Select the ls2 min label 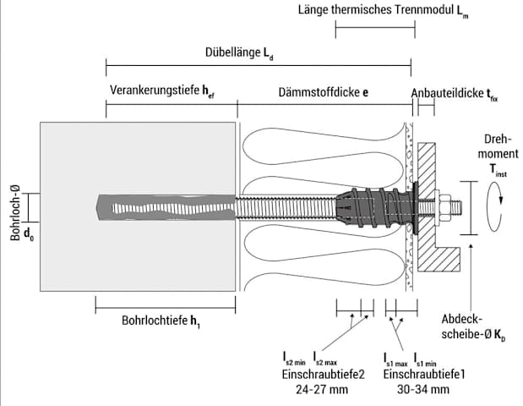[294, 358]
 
